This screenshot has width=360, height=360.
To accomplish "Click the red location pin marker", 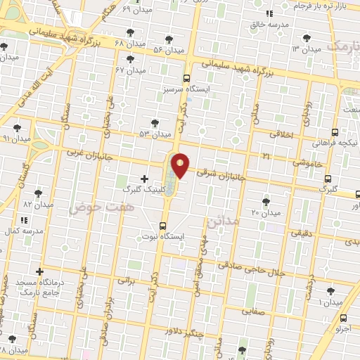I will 181,165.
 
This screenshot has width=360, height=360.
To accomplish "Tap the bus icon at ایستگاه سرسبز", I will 186,79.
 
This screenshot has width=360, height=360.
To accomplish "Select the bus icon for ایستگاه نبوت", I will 163,226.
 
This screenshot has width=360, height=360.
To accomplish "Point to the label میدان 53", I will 155,134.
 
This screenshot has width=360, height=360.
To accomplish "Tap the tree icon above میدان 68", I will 129,32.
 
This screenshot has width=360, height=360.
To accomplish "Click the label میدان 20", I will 266,212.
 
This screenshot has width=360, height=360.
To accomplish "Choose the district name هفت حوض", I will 92,207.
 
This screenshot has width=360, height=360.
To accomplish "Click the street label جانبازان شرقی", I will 221,173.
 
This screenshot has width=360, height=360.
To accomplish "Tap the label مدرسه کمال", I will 23,231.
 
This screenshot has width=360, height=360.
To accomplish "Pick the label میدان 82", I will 38,204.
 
